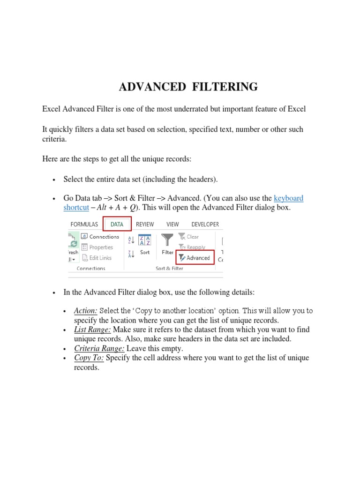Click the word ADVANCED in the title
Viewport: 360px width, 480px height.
click(152, 87)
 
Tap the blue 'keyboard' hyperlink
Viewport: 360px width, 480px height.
click(288, 198)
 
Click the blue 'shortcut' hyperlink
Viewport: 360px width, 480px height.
click(76, 207)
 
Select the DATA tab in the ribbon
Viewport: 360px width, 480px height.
click(117, 225)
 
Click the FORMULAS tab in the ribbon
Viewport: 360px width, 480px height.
click(84, 225)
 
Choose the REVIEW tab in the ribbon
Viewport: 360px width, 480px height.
click(145, 225)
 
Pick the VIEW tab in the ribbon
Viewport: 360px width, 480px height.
click(172, 225)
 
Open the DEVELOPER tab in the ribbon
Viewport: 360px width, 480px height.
click(205, 225)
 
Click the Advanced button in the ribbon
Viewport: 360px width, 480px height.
click(195, 258)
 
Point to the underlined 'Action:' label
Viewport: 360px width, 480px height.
click(86, 311)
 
